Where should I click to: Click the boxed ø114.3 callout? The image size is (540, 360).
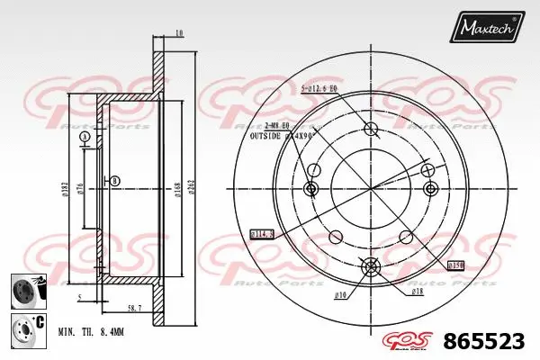coord(263,234)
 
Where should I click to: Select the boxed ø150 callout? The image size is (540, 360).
coord(457,266)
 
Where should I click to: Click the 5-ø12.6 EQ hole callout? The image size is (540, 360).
coord(319,88)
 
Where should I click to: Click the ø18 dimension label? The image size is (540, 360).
coord(418,292)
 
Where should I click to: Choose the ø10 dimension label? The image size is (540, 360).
coord(340,293)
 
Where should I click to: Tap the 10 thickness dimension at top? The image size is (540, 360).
coord(180,33)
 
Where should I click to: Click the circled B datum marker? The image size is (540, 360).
coord(114,181)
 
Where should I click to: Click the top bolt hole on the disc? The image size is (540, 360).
coord(370,129)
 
